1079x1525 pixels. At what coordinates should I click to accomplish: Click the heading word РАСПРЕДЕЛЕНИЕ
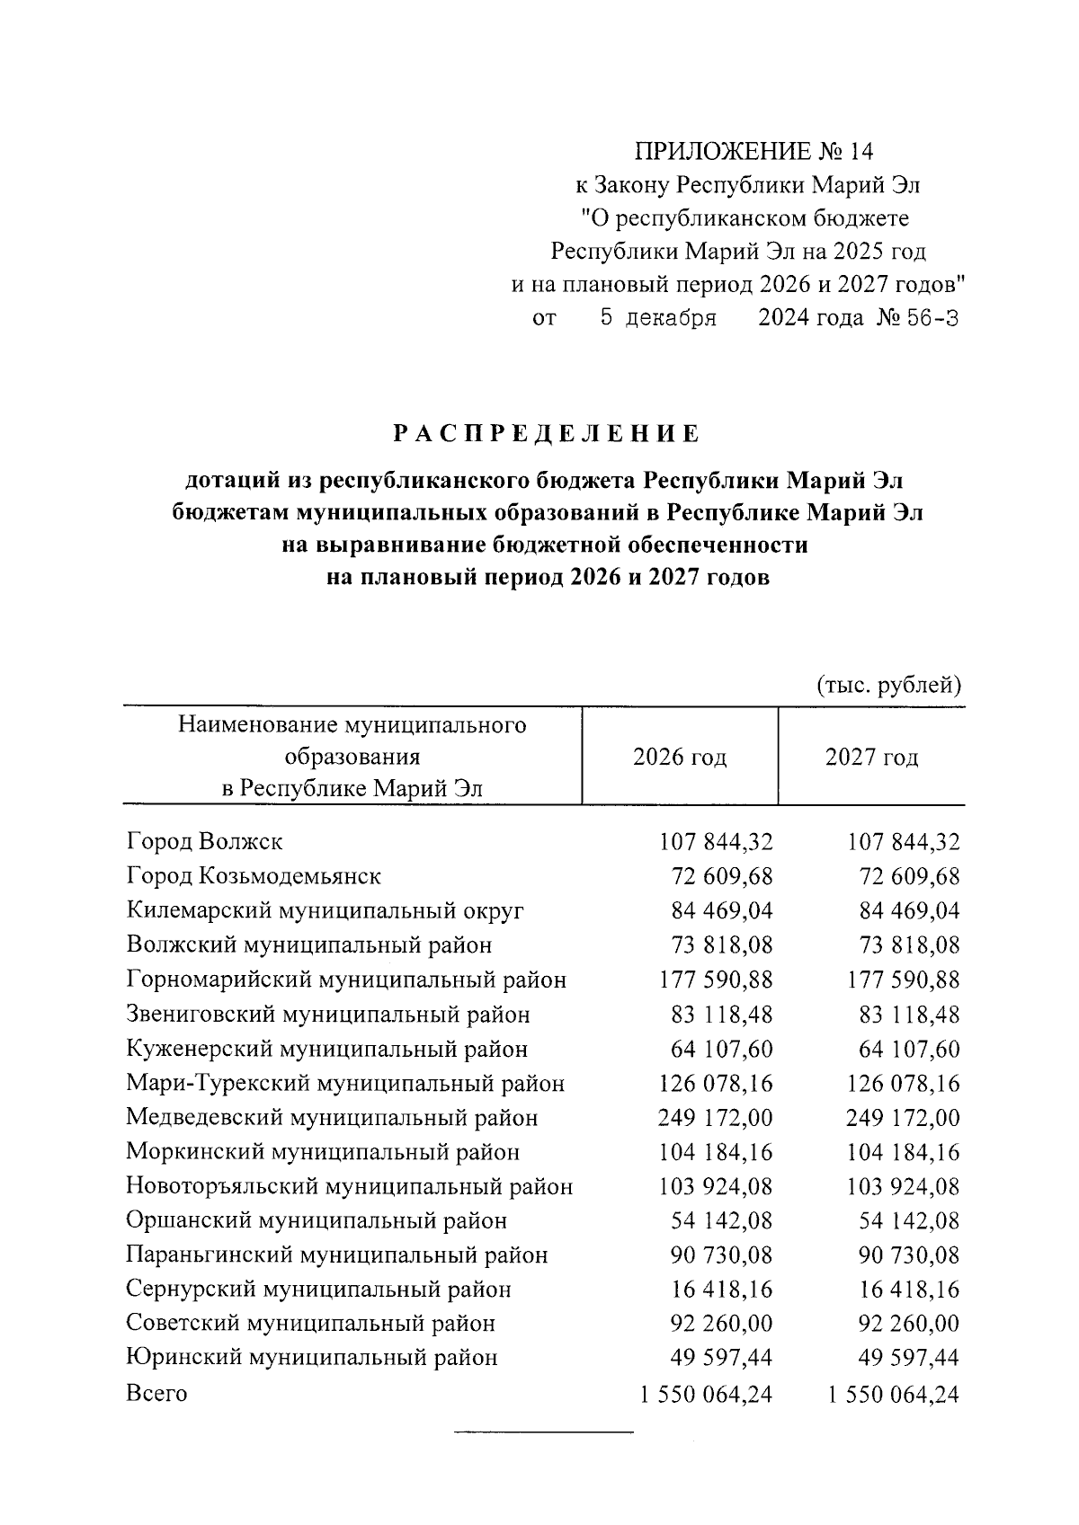[546, 435]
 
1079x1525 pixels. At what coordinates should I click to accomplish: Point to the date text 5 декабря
[658, 318]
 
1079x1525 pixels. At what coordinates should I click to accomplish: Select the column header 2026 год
[680, 757]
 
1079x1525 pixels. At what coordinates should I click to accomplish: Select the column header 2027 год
[871, 757]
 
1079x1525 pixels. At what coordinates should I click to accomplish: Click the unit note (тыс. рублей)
[888, 686]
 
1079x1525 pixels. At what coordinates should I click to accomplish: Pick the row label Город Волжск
[204, 842]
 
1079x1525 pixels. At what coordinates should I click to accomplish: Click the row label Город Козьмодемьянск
[254, 876]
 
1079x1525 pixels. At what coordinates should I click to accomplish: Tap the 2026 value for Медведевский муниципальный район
[716, 1118]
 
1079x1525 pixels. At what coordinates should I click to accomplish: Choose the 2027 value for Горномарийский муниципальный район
[904, 980]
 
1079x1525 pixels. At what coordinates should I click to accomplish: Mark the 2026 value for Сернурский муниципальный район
[722, 1290]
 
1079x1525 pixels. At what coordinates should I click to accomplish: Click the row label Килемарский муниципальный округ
[325, 911]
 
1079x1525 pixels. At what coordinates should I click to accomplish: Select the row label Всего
[156, 1394]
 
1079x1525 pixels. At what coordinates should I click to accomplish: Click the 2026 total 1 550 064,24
[706, 1395]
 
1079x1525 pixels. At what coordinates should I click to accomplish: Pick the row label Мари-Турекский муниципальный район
[345, 1084]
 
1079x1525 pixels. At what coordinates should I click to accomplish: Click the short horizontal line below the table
[544, 1430]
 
